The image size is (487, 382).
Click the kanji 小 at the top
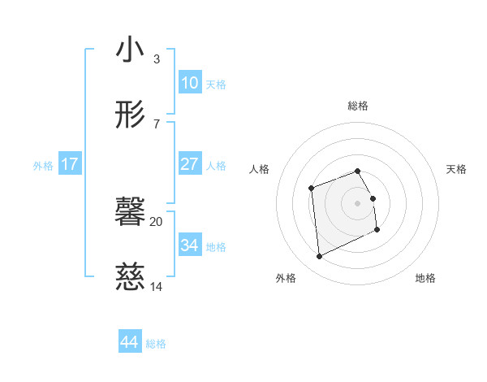130,50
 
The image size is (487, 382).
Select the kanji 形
130,116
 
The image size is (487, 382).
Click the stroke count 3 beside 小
157,59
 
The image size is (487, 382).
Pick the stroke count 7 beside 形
157,124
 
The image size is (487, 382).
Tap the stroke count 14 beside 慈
157,287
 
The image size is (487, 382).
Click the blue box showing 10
190,83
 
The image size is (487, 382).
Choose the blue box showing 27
190,164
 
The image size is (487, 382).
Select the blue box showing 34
190,245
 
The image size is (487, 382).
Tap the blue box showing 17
70,164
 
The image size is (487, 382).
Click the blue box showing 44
130,342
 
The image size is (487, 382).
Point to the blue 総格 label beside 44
157,344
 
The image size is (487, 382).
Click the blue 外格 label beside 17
43,166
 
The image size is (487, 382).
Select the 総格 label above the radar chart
358,106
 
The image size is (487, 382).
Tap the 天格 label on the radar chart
456,169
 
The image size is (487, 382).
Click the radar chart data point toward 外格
319,257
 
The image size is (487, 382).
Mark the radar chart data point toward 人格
312,189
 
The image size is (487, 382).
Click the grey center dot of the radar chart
358,203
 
